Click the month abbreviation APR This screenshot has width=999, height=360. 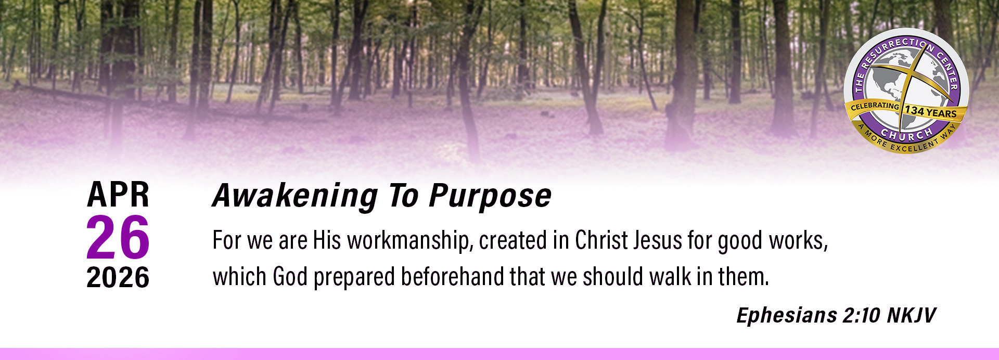tap(118, 195)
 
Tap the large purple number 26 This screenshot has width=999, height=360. tap(118, 237)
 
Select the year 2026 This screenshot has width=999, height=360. tap(118, 277)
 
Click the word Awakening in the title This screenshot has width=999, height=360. tap(295, 196)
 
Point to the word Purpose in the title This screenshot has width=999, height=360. tap(490, 196)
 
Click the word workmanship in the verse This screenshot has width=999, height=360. tap(410, 241)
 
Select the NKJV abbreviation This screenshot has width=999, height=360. tap(911, 315)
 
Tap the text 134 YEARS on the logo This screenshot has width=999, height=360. tap(931, 111)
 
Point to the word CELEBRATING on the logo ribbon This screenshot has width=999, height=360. tap(875, 106)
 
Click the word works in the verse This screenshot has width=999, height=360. tap(799, 241)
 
